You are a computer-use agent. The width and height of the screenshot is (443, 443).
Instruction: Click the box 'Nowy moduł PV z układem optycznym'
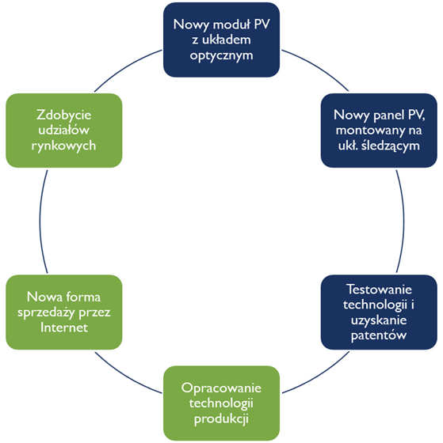click(221, 40)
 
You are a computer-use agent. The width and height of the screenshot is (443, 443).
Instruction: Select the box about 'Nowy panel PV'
click(379, 131)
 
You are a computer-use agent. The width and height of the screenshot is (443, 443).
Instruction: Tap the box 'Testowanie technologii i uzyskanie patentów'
click(379, 312)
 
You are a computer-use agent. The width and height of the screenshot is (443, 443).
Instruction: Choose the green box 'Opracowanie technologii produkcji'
click(221, 403)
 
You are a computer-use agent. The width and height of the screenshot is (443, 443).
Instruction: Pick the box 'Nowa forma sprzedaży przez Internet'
click(64, 312)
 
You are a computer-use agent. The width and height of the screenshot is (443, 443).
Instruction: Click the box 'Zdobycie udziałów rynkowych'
click(64, 131)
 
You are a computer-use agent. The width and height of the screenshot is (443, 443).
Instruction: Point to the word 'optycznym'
click(221, 55)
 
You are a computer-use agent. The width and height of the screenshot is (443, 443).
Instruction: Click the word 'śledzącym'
click(391, 146)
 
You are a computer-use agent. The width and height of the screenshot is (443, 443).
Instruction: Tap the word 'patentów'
click(379, 335)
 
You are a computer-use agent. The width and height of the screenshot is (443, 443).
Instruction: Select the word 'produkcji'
click(221, 418)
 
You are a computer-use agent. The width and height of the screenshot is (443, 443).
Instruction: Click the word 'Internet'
click(64, 328)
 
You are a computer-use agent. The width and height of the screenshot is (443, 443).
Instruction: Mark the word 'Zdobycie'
click(64, 115)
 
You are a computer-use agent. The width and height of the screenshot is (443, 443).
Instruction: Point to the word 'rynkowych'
click(64, 146)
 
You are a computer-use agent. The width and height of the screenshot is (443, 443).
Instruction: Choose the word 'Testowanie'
click(379, 290)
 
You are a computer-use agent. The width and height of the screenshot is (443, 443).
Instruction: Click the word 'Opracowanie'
click(221, 388)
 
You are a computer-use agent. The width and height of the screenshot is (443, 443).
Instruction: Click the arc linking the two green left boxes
click(40, 221)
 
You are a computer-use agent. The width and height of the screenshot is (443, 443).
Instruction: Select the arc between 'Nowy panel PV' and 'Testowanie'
click(403, 221)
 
